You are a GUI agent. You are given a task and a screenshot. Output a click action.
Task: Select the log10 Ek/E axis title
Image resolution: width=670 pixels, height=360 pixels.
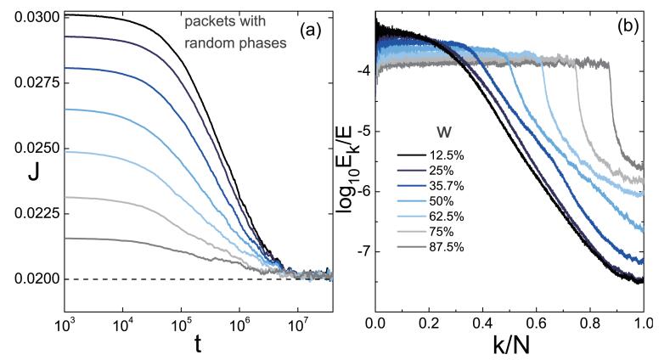point(350,161)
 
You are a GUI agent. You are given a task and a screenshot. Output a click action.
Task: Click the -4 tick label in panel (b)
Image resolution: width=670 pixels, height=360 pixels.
point(364,72)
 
